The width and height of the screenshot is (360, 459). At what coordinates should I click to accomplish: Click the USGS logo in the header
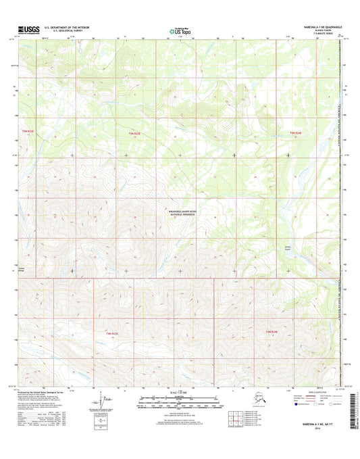coord(26,30)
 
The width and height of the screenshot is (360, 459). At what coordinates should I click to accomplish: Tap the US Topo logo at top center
coord(179,30)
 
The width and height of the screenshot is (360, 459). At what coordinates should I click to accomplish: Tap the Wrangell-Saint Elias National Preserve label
coord(180,212)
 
